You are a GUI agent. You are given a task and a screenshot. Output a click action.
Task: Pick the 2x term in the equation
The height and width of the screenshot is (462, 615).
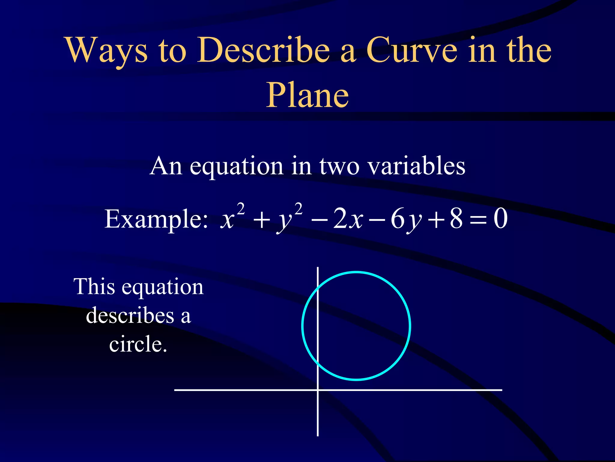click(x=348, y=219)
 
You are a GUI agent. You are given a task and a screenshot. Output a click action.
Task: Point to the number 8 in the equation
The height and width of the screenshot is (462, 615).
click(x=456, y=219)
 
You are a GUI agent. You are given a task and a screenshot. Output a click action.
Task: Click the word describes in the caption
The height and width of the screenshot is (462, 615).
click(x=130, y=316)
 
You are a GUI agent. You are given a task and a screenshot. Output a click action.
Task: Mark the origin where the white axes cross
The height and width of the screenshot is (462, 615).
click(x=317, y=390)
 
